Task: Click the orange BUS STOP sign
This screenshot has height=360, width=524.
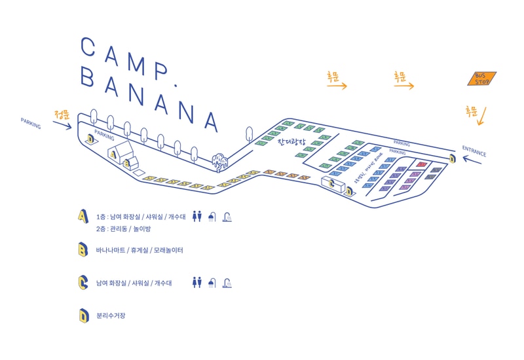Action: point(482,79)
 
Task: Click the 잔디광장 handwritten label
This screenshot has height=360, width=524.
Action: point(291,141)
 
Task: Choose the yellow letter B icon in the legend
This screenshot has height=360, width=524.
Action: point(83,249)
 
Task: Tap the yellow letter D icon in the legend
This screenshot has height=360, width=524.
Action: point(83,315)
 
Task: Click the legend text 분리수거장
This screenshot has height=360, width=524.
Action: point(110,315)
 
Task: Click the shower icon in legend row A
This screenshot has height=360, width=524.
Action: point(212,217)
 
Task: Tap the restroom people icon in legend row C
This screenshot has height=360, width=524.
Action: point(196,283)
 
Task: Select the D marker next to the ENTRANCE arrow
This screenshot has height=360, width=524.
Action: point(452,158)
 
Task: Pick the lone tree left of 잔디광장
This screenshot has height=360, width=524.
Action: point(250,134)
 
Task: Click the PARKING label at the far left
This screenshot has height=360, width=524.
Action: point(30,122)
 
